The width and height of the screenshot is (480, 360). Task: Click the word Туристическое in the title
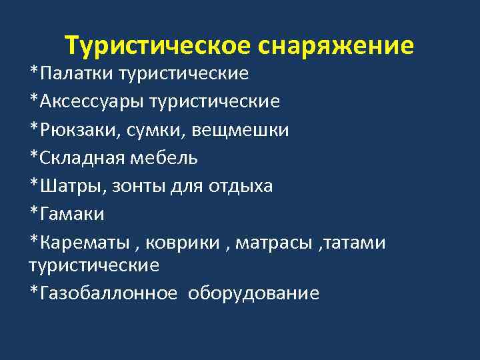[x=157, y=46]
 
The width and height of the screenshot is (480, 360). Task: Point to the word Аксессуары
[x=91, y=101]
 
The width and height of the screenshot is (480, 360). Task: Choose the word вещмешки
[x=241, y=130]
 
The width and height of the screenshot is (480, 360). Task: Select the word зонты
[x=133, y=187]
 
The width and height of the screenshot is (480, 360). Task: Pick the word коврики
[x=183, y=243]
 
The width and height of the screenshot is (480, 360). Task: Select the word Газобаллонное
[x=108, y=293]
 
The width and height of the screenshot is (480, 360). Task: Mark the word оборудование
[x=254, y=293]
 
